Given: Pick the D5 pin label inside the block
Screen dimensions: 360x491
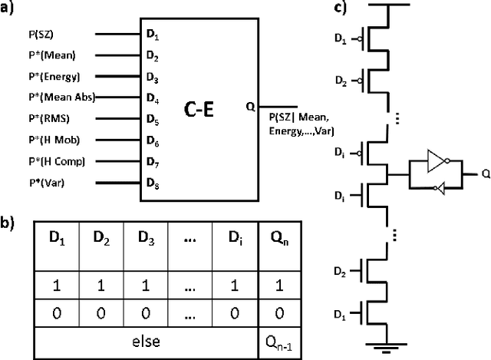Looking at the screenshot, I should (152, 120).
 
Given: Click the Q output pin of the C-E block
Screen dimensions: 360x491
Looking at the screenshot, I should (250, 107).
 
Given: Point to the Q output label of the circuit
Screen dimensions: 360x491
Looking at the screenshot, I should (485, 174).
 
